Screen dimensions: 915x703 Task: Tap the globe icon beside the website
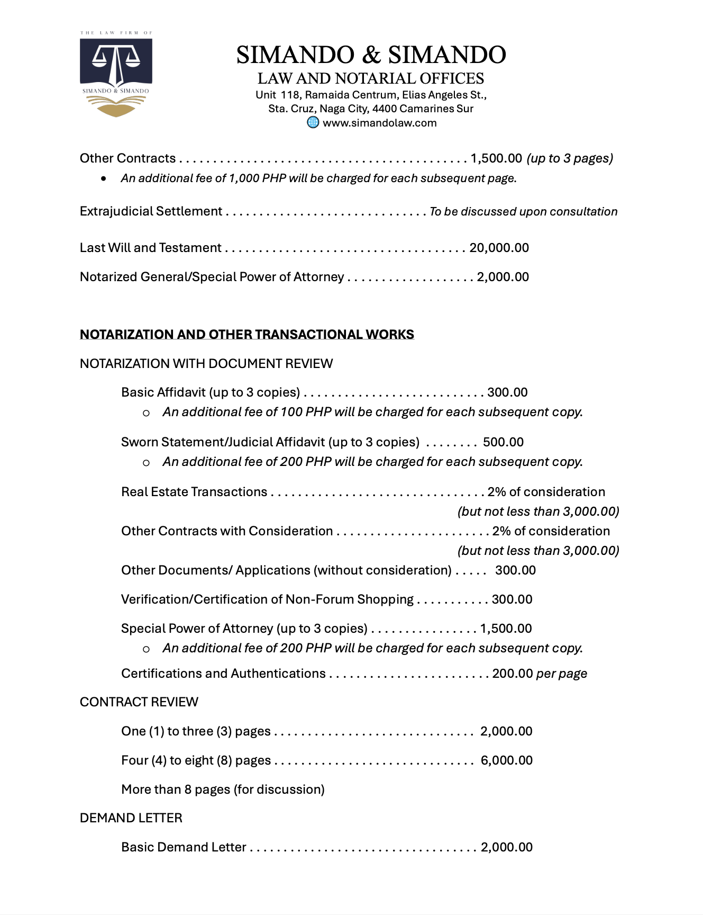click(313, 122)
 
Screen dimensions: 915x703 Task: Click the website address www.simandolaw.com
click(379, 123)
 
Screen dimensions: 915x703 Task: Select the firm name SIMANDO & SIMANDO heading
click(371, 55)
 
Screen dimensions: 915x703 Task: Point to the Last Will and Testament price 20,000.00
click(499, 248)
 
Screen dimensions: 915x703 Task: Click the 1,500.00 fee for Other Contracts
click(496, 158)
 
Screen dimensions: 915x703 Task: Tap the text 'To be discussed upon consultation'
click(523, 212)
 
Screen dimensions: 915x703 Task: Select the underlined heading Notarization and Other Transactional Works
click(246, 335)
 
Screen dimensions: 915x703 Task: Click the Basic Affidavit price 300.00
click(507, 392)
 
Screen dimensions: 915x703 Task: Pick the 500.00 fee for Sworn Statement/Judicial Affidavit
click(503, 442)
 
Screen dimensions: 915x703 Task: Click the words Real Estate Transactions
click(194, 492)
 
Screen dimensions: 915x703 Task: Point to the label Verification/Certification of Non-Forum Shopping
click(267, 599)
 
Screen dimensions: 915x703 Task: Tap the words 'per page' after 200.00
click(561, 674)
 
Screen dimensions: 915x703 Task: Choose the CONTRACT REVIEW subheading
click(139, 702)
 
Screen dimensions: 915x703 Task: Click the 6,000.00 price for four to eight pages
click(506, 760)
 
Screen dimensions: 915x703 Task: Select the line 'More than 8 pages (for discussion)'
click(223, 790)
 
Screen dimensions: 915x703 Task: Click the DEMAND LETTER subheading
click(131, 818)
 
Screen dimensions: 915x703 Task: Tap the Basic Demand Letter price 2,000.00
click(506, 847)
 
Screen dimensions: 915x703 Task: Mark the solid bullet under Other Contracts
click(104, 178)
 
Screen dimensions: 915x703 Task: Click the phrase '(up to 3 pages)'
click(570, 158)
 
